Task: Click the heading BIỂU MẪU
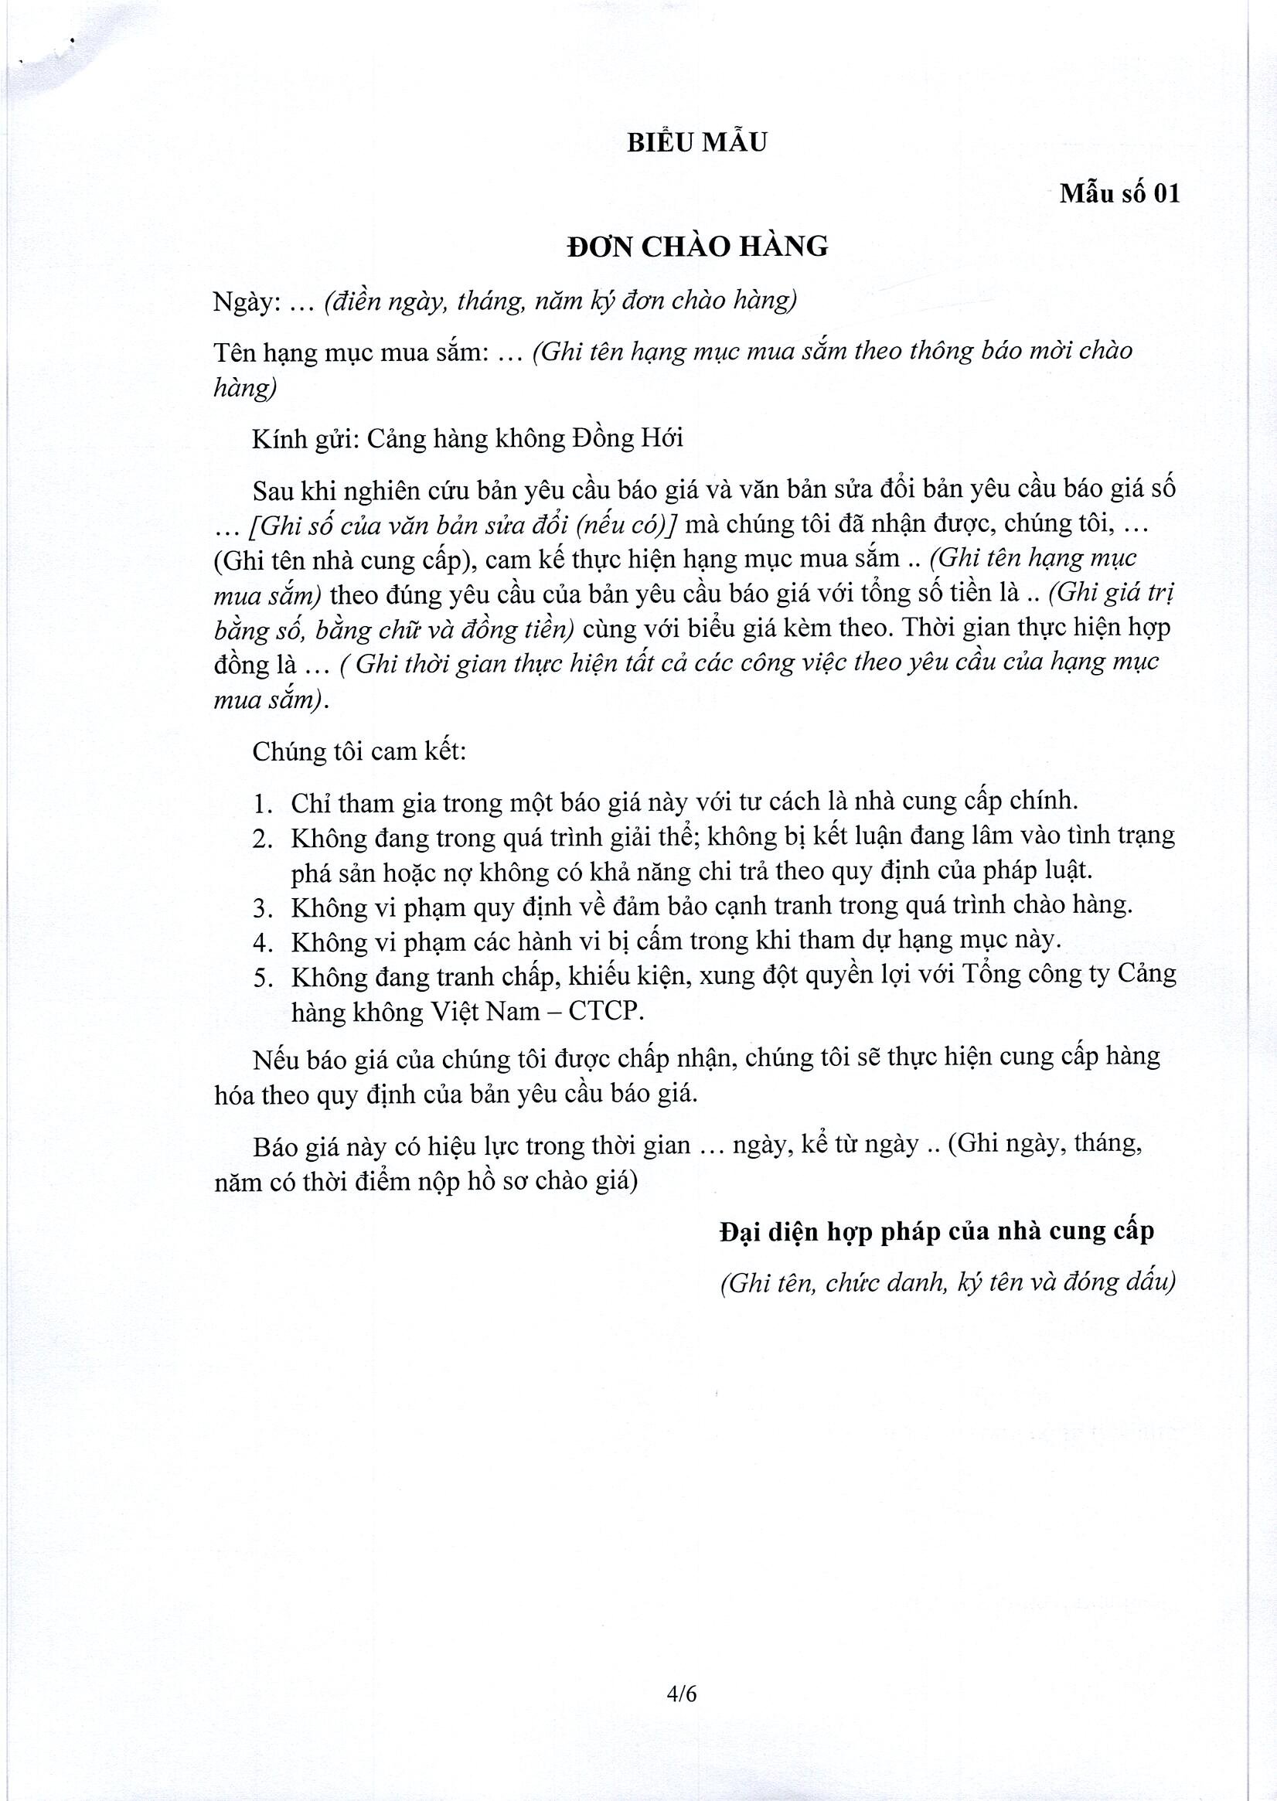(696, 142)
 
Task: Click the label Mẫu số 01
(1120, 193)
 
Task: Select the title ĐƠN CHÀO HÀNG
(697, 247)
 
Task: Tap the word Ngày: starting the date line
(247, 303)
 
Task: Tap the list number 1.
(263, 803)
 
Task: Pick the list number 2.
(263, 839)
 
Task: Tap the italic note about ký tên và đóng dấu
(948, 1282)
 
